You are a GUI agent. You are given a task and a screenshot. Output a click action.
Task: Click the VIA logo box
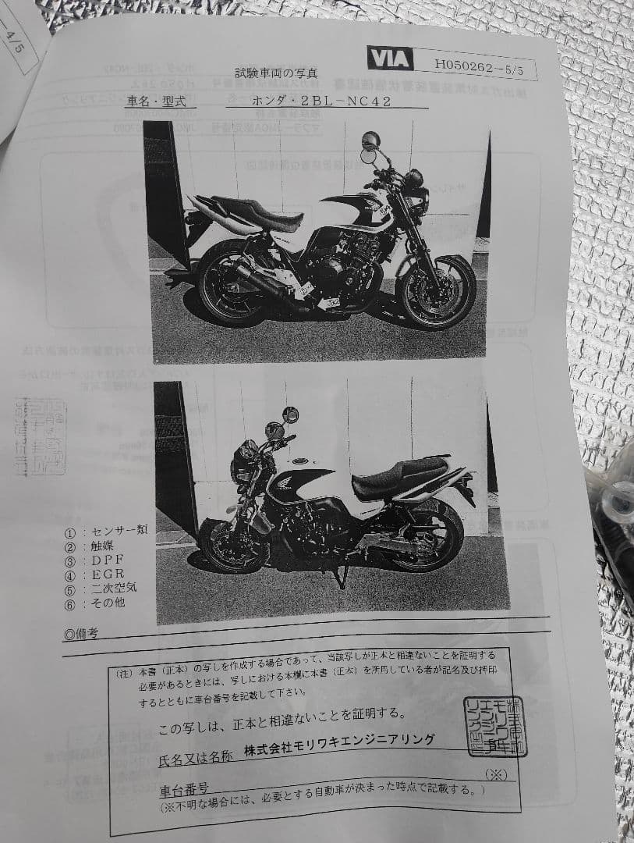click(390, 59)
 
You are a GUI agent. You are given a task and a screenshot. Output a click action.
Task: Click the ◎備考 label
click(81, 633)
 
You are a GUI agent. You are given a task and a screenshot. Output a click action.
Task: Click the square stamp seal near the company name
click(494, 724)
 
